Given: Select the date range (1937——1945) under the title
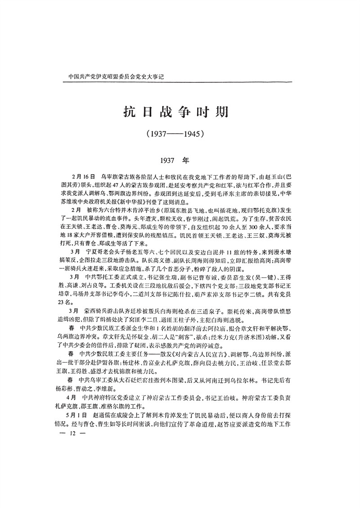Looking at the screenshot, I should [x=180, y=134].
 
